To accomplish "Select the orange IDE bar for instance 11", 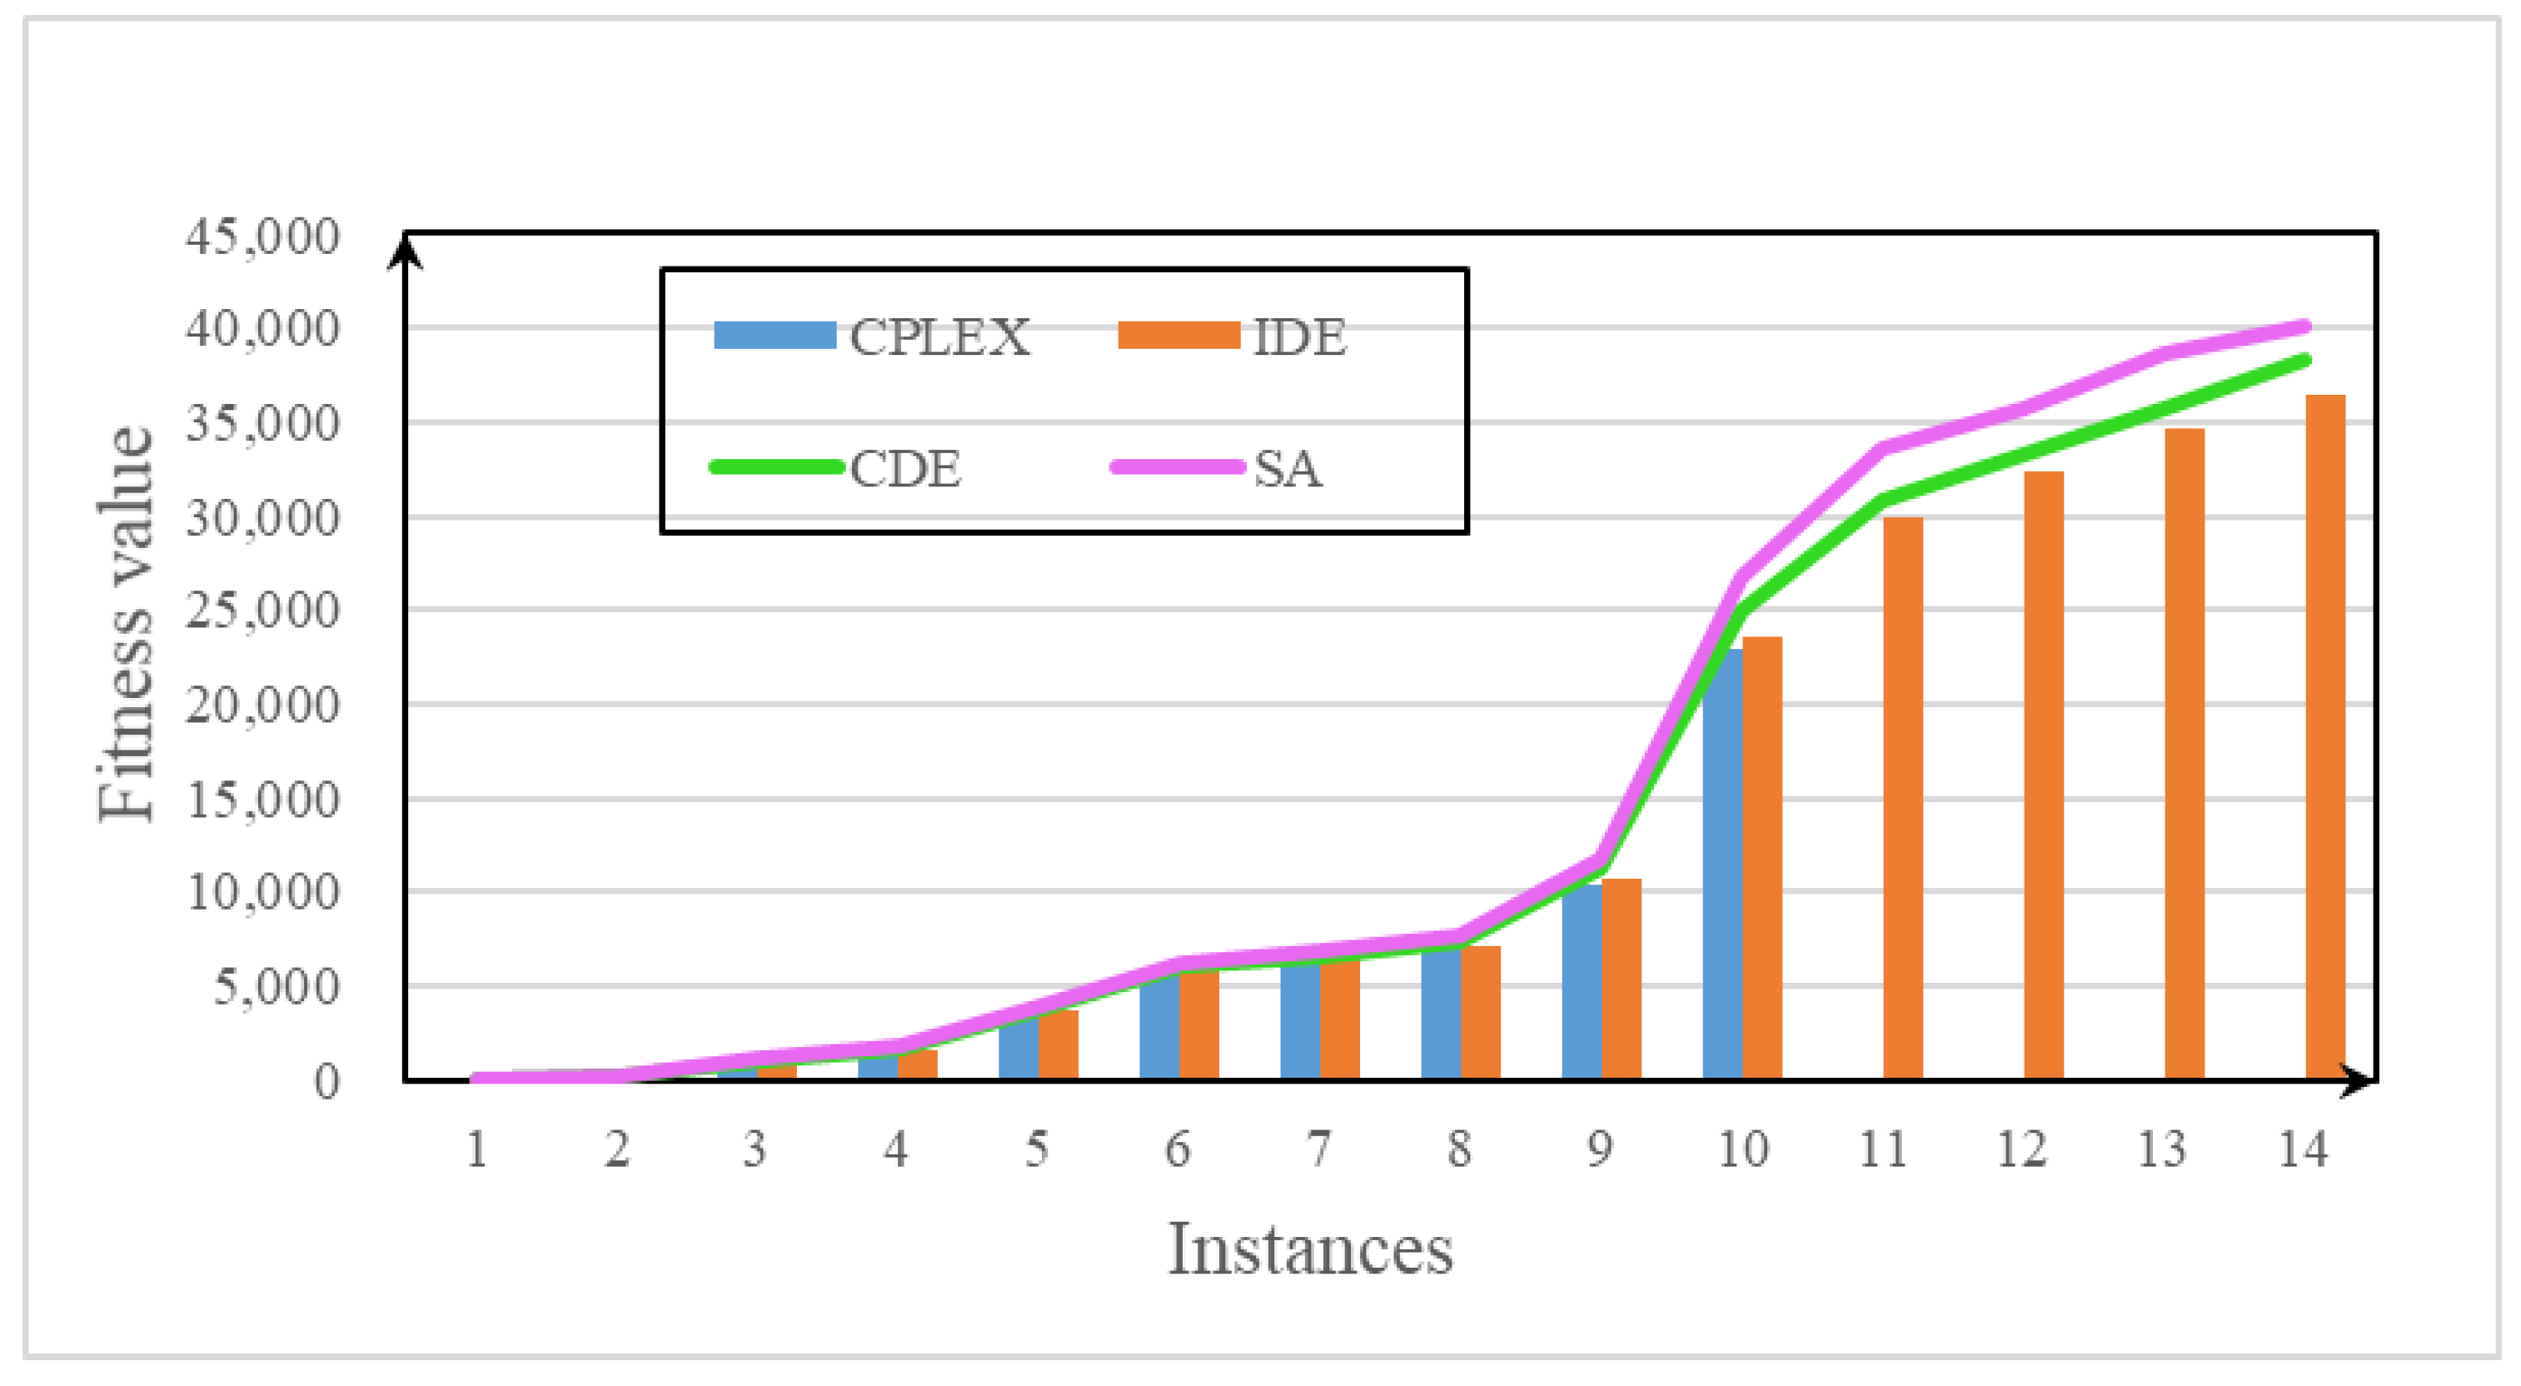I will pos(1902,798).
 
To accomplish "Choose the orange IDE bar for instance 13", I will pos(2185,754).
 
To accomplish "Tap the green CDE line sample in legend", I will pos(776,467).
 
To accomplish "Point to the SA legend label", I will pos(1287,468).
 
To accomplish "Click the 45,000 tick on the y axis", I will pos(262,236).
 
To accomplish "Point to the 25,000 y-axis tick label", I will pos(262,611).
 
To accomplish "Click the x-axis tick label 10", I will pos(1742,1148).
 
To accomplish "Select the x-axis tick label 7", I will pos(1319,1148).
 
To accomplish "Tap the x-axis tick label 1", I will pos(476,1148).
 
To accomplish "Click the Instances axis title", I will pos(1309,1250).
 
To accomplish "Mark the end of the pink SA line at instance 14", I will pos(2305,327).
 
